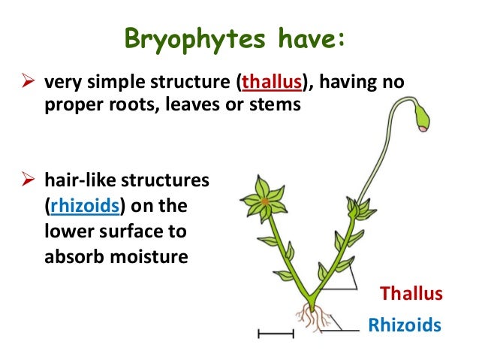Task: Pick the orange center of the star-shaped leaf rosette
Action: click(265, 202)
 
